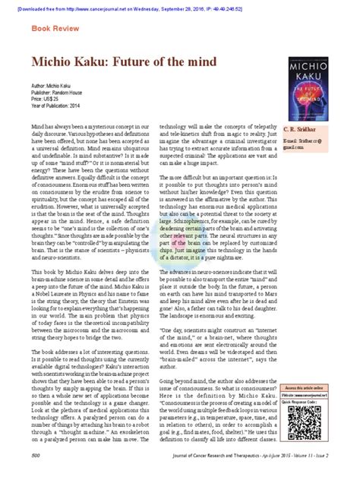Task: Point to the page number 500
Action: click(36, 455)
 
